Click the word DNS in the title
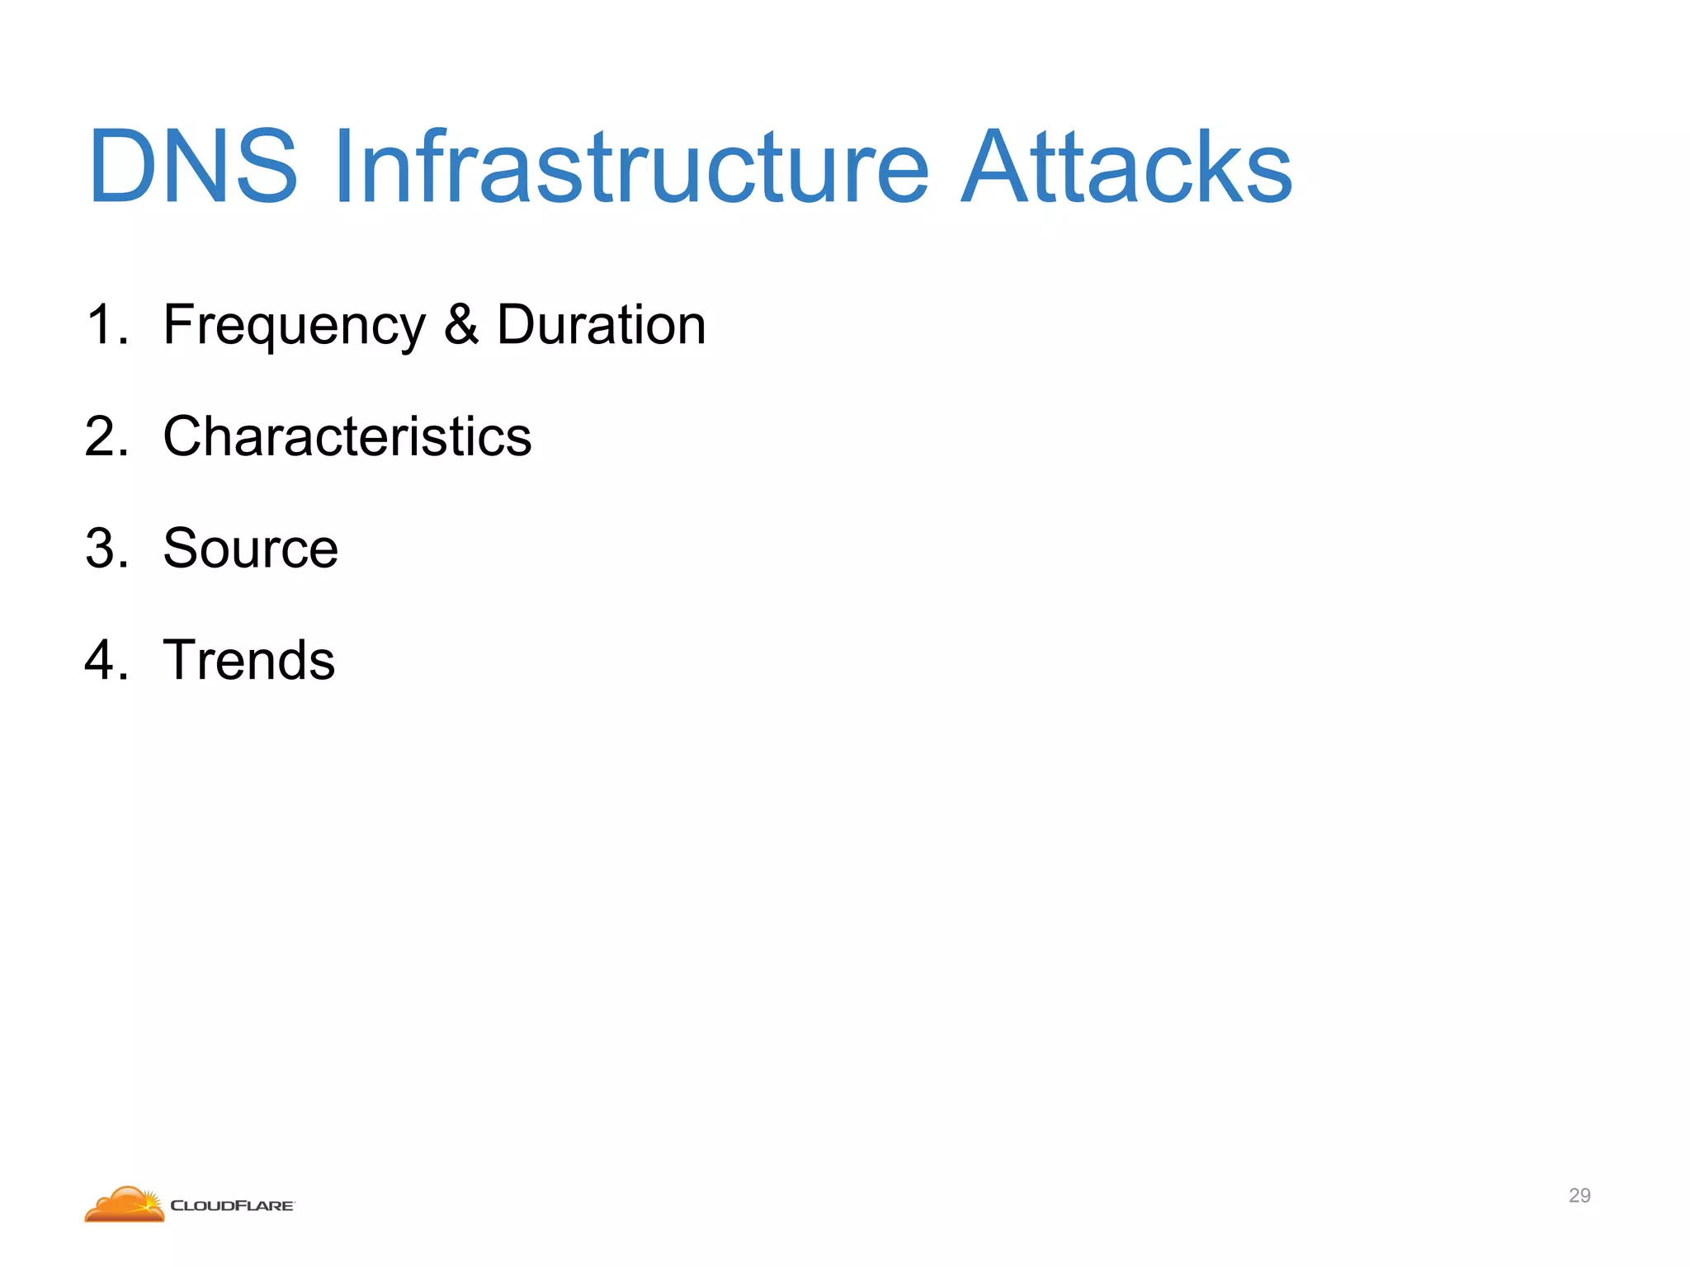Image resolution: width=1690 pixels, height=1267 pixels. pos(192,167)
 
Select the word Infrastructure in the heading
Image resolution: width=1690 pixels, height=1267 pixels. pos(631,167)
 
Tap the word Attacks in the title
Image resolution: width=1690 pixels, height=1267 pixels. pos(1126,167)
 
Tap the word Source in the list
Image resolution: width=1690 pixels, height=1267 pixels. pos(251,549)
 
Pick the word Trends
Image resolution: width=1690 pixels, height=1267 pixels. pos(249,660)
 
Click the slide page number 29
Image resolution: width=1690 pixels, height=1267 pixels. pos(1579,1195)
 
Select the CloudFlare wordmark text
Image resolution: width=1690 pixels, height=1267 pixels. pos(232,1206)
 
